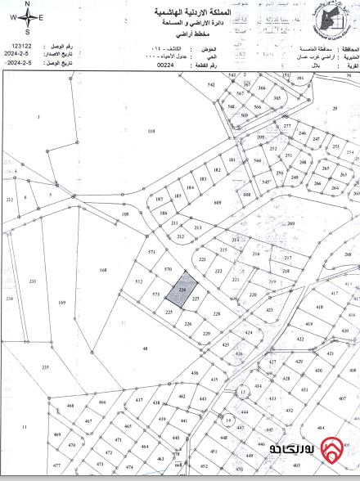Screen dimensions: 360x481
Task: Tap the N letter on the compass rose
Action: click(x=28, y=5)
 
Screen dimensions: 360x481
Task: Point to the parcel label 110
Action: click(x=151, y=131)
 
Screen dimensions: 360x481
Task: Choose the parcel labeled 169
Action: click(x=62, y=303)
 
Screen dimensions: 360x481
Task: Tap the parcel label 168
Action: click(x=103, y=269)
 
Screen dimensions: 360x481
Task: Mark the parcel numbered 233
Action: click(x=32, y=281)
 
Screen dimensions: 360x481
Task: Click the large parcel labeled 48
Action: click(x=144, y=348)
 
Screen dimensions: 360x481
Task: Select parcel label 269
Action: click(x=290, y=222)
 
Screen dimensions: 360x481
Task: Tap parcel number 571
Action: click(x=151, y=253)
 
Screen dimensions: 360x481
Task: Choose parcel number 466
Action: click(x=102, y=402)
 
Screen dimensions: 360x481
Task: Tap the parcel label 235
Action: click(x=46, y=367)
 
